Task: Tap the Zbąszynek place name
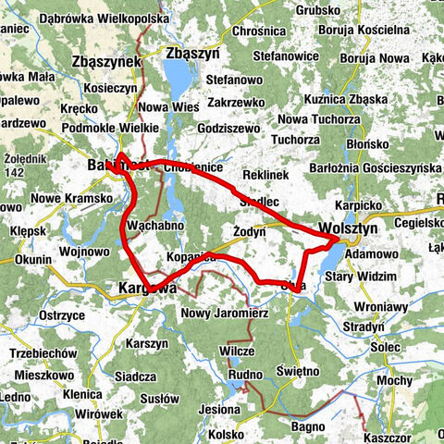105,62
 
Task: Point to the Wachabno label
153,226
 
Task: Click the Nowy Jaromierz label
218,313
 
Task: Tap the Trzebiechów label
42,355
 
